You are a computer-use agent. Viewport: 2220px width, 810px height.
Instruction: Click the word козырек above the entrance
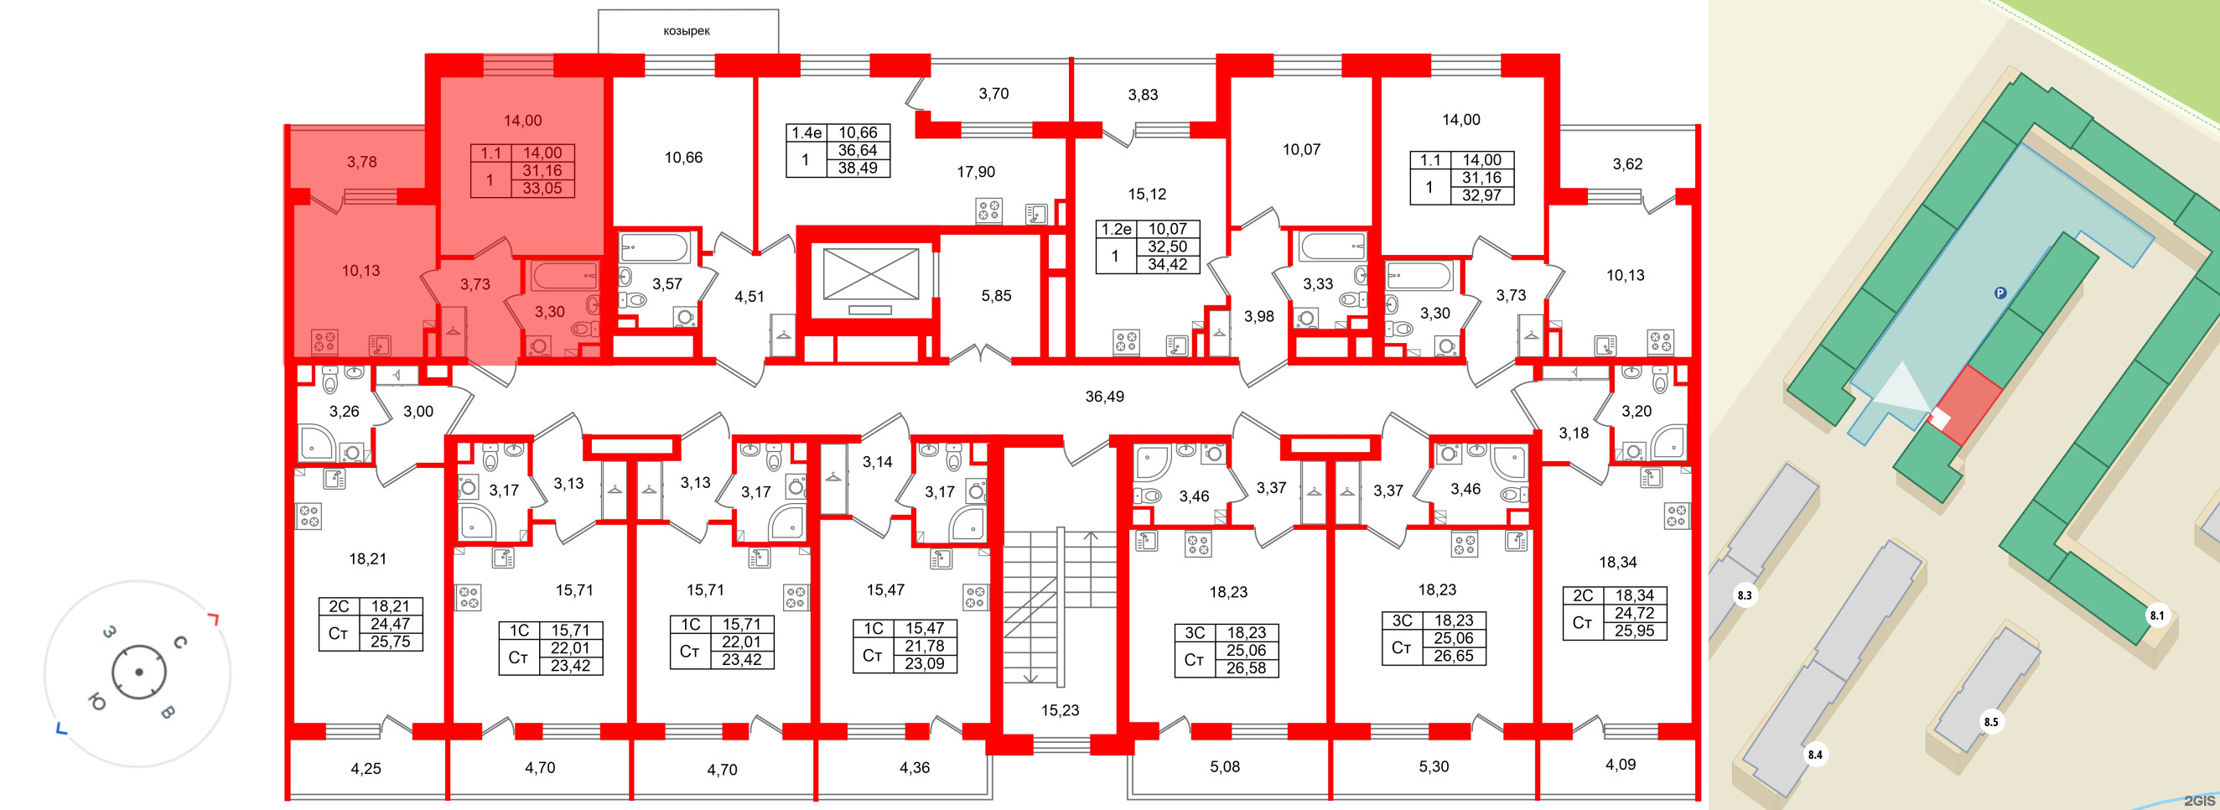point(686,31)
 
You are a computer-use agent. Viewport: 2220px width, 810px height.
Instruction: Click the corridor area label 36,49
point(1104,397)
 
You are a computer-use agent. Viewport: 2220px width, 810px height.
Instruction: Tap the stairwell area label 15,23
point(1059,710)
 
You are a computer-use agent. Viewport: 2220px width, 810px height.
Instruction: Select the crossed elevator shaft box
point(870,274)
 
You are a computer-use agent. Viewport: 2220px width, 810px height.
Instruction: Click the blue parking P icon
point(2000,293)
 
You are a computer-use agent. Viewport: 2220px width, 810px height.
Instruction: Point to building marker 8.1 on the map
point(2156,615)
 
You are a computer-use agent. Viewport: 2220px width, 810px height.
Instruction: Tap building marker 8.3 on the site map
point(1745,595)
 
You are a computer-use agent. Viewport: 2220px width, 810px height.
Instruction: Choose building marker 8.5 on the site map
point(1991,722)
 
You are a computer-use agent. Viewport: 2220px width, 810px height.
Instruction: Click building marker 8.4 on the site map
point(1815,755)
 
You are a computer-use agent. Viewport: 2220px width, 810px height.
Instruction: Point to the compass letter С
point(180,642)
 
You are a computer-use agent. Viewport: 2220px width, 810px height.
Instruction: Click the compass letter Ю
point(96,704)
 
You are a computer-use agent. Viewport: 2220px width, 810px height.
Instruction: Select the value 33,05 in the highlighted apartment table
point(542,188)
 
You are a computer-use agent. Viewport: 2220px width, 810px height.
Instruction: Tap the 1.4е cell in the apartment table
point(807,132)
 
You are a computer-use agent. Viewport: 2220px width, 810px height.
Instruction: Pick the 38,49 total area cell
point(858,168)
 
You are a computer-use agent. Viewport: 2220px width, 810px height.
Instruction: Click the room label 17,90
point(976,173)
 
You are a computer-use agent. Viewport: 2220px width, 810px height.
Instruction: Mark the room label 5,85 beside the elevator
point(996,295)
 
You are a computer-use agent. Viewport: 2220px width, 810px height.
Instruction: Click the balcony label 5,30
point(1434,766)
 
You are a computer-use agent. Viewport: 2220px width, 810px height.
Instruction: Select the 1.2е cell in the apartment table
point(1116,229)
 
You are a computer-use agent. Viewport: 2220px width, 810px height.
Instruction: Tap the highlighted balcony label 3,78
point(362,162)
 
